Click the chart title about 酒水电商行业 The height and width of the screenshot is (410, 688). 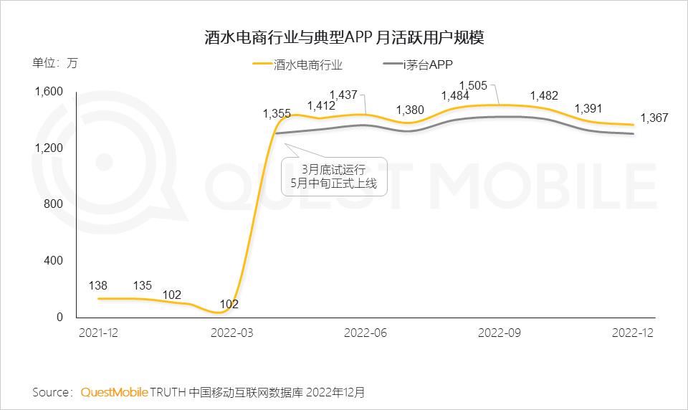pyautogui.click(x=344, y=38)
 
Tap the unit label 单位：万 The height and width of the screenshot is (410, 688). pyautogui.click(x=55, y=62)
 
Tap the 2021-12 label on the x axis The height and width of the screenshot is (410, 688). pyautogui.click(x=97, y=333)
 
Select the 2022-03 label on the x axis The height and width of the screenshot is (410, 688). pyautogui.click(x=231, y=333)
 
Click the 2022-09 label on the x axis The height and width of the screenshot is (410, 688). pyautogui.click(x=500, y=333)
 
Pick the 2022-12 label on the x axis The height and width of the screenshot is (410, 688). pyautogui.click(x=634, y=333)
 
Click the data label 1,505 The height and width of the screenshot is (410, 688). pyautogui.click(x=473, y=86)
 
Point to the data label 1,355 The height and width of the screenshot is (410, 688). pyautogui.click(x=277, y=113)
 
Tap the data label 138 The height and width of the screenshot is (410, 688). pyautogui.click(x=97, y=286)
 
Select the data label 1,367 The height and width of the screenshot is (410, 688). pyautogui.click(x=654, y=118)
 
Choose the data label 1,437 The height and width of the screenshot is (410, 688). pyautogui.click(x=343, y=95)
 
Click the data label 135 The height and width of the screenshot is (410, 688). pyautogui.click(x=142, y=286)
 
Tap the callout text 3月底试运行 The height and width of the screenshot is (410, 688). pyautogui.click(x=333, y=170)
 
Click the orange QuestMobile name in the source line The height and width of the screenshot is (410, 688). pyautogui.click(x=115, y=392)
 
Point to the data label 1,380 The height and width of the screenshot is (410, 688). pyautogui.click(x=410, y=110)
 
